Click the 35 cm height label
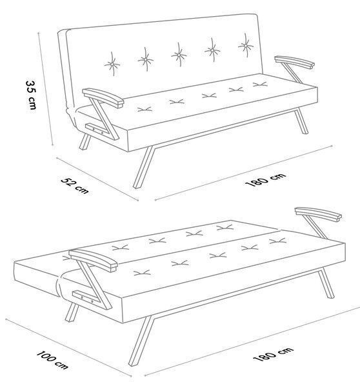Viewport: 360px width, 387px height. [x=31, y=95]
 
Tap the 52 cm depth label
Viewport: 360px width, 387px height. [x=75, y=185]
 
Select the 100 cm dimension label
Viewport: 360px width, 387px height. [x=52, y=360]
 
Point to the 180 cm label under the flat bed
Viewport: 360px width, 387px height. [x=273, y=353]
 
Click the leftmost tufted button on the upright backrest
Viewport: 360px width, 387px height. [x=112, y=64]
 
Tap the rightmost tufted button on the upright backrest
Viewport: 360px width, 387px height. [x=245, y=45]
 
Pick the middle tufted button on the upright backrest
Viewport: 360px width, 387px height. [x=179, y=55]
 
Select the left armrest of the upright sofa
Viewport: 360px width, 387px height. [x=103, y=97]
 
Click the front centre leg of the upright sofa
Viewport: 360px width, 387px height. [x=143, y=167]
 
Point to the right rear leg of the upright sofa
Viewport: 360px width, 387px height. [x=302, y=121]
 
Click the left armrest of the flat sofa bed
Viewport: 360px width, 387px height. [x=93, y=260]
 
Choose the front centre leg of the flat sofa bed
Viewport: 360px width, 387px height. [x=141, y=341]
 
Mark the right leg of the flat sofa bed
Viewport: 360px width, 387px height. [x=326, y=283]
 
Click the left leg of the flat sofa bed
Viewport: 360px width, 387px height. [x=72, y=312]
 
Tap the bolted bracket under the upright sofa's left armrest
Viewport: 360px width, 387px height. [x=97, y=130]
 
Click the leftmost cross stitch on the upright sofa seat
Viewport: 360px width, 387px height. [x=145, y=110]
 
